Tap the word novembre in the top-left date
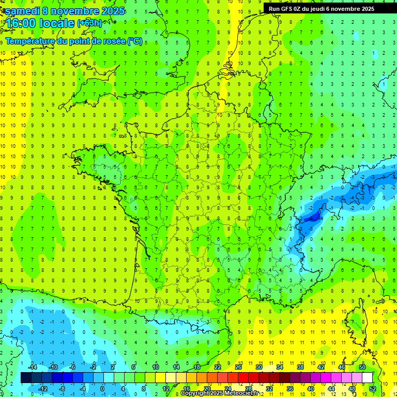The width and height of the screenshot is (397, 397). tap(77, 11)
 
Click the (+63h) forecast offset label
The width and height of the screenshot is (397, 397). tap(89, 23)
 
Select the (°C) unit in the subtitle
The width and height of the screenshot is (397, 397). tap(135, 41)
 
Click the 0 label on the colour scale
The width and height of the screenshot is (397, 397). tap(102, 389)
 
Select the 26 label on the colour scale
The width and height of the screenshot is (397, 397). tap(238, 367)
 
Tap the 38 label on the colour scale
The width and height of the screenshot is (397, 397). tap(300, 367)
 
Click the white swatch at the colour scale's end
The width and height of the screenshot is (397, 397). tap(367, 378)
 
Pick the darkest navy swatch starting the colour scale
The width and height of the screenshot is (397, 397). tap(26, 378)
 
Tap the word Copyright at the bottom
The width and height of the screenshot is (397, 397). tap(195, 393)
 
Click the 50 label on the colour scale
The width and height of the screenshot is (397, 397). tap(362, 367)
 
